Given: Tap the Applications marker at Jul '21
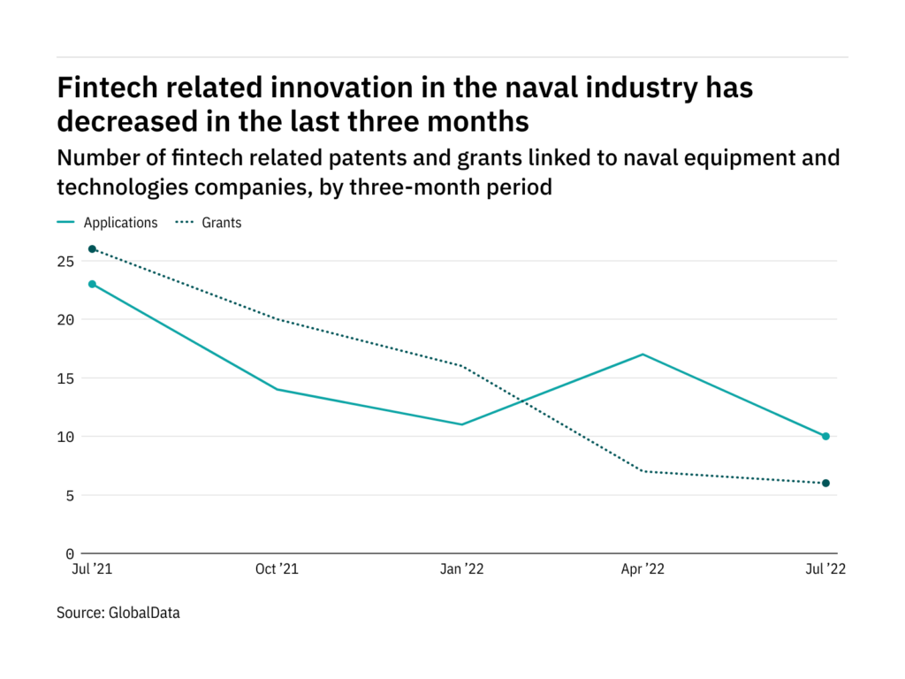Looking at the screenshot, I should (x=92, y=284).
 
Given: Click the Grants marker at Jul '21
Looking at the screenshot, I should (x=92, y=249).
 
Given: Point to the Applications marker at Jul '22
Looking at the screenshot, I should (x=825, y=436).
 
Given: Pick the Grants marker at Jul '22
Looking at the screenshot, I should (x=825, y=483).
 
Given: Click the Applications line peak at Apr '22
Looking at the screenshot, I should (x=643, y=355).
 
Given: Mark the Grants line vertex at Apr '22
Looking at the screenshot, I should (x=643, y=471).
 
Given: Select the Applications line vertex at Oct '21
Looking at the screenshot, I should (x=276, y=389).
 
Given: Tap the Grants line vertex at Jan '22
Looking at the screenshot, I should (x=460, y=366).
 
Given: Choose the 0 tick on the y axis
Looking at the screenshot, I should (x=70, y=553).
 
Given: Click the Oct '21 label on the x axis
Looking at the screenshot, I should (x=277, y=569).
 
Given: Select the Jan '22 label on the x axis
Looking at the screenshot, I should (x=460, y=569).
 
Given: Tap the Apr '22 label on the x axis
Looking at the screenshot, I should (x=643, y=569).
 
